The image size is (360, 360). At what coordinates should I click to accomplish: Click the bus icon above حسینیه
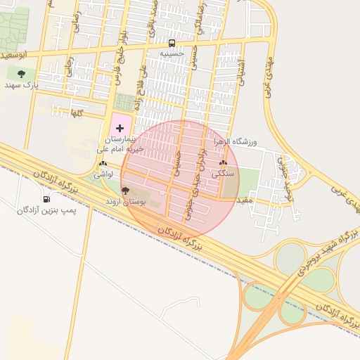pos(172,43)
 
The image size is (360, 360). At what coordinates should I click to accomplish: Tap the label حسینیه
pos(172,53)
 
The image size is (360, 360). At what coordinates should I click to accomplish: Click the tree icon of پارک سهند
pos(21,73)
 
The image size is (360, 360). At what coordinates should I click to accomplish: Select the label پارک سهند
pos(21,84)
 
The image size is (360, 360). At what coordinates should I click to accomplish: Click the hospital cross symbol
pos(120,128)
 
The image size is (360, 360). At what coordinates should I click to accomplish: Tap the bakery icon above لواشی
pos(103,163)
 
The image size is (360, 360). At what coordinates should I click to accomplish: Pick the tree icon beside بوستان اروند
pos(125,191)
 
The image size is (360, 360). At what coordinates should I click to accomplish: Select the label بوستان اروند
pos(124,202)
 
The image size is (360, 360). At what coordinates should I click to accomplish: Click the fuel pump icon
pos(46,199)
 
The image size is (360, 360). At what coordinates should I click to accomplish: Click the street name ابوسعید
pos(15,54)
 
